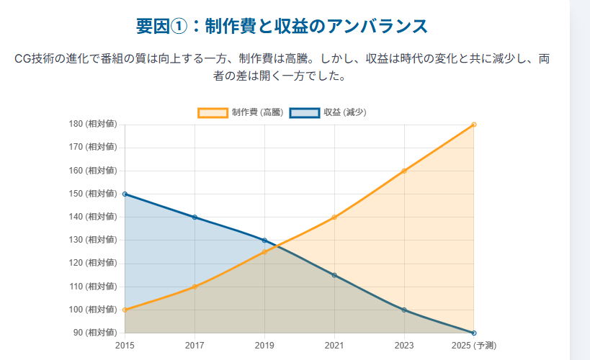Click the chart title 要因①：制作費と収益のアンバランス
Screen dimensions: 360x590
tap(282, 27)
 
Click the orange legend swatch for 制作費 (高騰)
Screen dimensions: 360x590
tap(213, 112)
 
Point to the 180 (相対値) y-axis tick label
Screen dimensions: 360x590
tap(92, 124)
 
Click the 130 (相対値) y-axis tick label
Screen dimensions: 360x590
tap(92, 240)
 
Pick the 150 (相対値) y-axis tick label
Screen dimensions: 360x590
tap(92, 194)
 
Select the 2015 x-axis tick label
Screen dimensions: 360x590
tap(125, 346)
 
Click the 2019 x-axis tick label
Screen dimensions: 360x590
tap(264, 346)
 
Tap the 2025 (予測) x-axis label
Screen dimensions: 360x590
tap(473, 346)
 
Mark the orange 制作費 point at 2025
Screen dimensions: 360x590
tap(474, 125)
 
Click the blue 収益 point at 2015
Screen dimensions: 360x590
tap(125, 194)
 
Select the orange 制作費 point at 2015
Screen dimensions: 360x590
tap(125, 310)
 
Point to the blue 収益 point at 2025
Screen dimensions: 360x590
tap(474, 333)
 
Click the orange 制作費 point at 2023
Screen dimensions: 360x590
tap(404, 171)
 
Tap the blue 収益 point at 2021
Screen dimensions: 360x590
tap(334, 275)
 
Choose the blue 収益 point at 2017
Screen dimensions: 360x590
tap(195, 217)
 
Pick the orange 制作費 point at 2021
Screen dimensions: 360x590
tap(334, 217)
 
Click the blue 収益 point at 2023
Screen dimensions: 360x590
tap(404, 310)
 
